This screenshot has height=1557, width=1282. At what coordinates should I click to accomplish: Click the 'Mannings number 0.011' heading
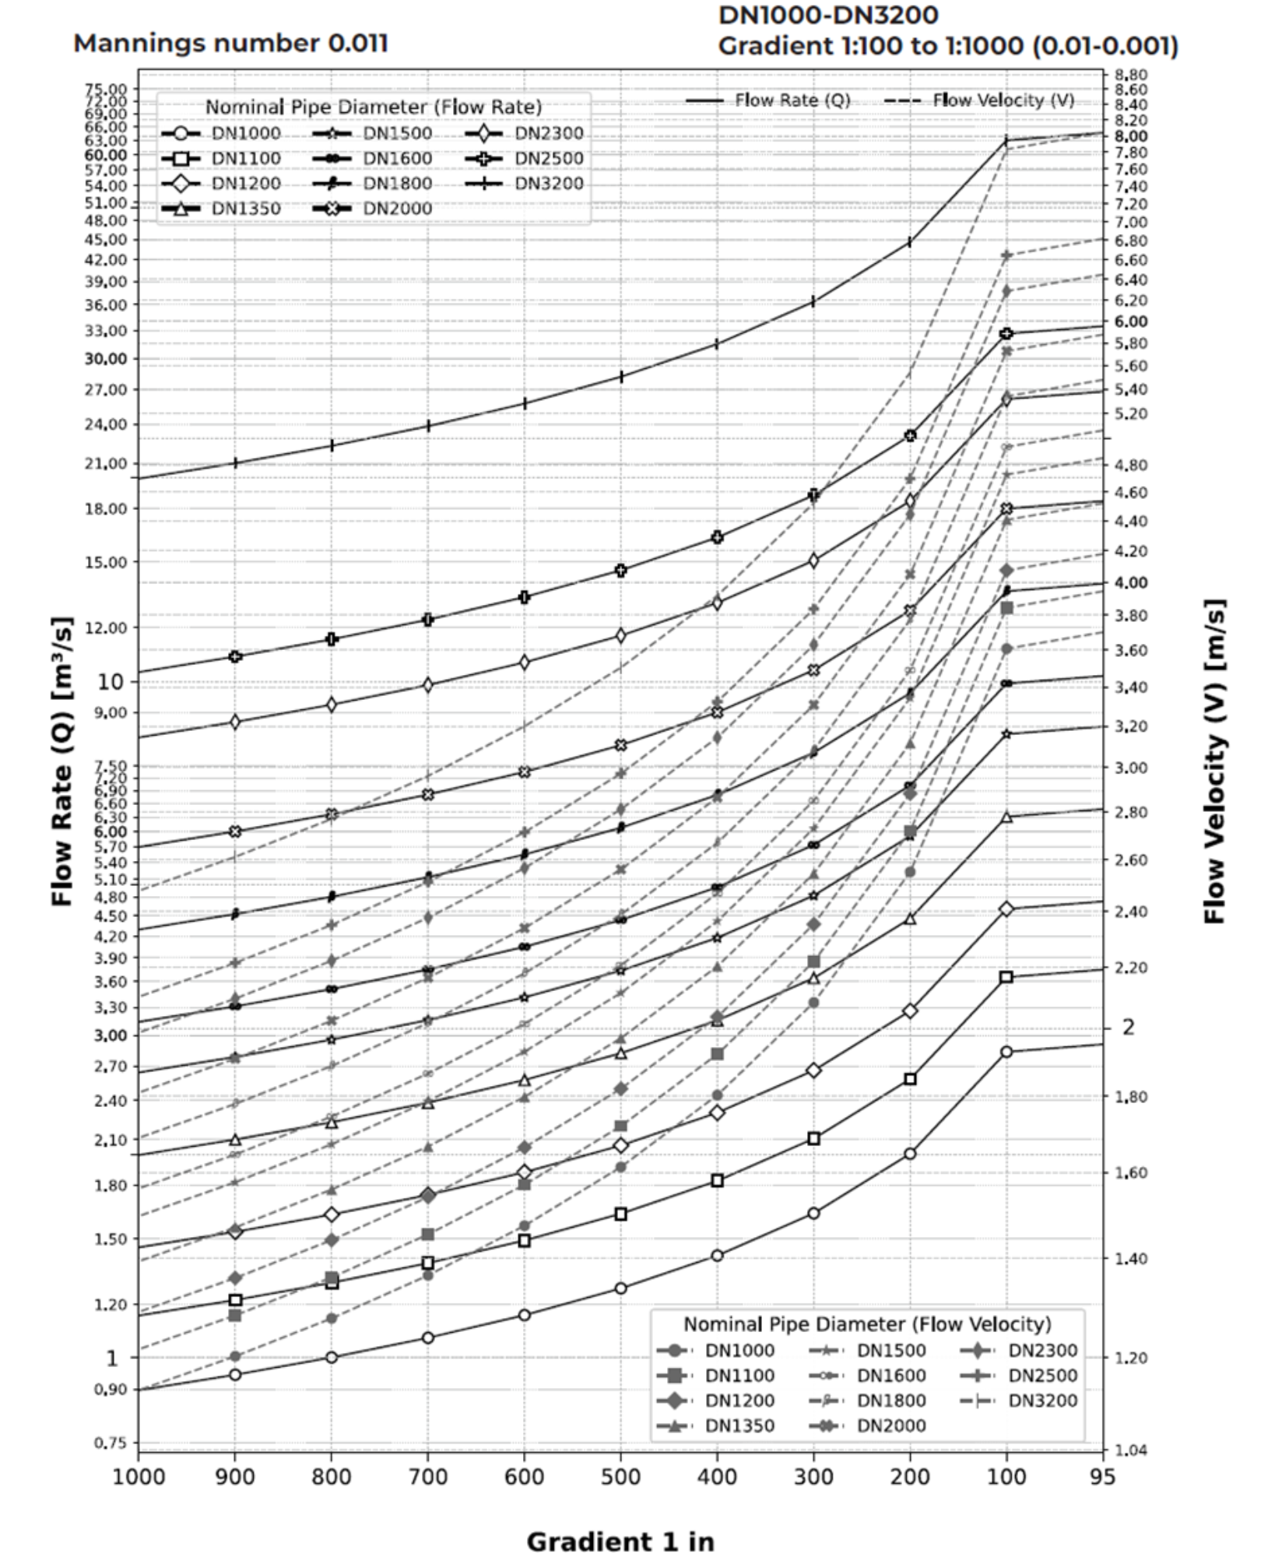pyautogui.click(x=230, y=43)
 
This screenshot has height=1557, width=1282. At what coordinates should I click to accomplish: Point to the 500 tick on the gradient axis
pyautogui.click(x=620, y=1477)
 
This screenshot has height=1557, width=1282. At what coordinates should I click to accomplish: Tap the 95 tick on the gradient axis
pyautogui.click(x=1102, y=1477)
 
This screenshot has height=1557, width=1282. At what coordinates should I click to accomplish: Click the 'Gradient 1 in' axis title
pyautogui.click(x=620, y=1541)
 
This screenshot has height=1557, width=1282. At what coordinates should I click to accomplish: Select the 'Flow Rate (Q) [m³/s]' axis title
pyautogui.click(x=62, y=761)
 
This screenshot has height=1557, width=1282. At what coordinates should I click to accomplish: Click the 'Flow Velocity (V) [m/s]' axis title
pyautogui.click(x=1214, y=761)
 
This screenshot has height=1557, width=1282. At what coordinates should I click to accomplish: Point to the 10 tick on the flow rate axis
pyautogui.click(x=110, y=682)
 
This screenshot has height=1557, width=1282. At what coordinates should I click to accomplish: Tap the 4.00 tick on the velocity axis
pyautogui.click(x=1130, y=582)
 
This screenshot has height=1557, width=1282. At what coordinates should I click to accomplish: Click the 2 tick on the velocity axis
pyautogui.click(x=1128, y=1027)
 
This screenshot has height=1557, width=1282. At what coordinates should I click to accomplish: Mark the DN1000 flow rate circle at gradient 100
pyautogui.click(x=1006, y=1052)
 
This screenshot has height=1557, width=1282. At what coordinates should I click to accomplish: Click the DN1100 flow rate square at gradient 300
pyautogui.click(x=813, y=1139)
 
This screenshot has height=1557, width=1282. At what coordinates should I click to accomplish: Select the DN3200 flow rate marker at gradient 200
pyautogui.click(x=910, y=242)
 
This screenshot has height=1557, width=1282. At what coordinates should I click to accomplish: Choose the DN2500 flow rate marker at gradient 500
pyautogui.click(x=620, y=570)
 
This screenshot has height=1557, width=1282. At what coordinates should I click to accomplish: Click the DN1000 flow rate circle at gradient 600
pyautogui.click(x=524, y=1315)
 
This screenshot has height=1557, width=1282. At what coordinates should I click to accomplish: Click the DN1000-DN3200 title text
pyautogui.click(x=828, y=15)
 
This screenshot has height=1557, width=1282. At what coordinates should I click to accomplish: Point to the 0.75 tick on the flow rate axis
pyautogui.click(x=110, y=1443)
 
